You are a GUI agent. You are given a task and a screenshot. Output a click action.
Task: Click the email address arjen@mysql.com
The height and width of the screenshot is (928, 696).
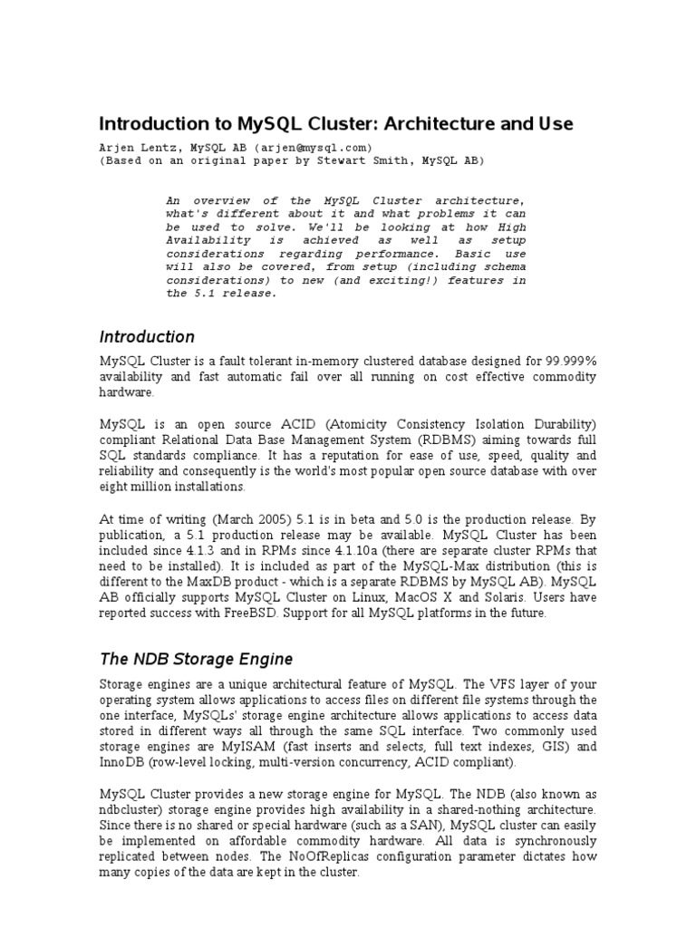point(314,147)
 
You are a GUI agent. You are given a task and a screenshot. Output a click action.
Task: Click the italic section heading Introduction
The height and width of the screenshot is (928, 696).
point(147,337)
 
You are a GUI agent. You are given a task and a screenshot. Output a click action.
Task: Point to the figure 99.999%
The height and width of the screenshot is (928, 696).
point(569,361)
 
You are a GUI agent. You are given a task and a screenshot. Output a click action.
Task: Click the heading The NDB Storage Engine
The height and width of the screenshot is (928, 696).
point(196,659)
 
